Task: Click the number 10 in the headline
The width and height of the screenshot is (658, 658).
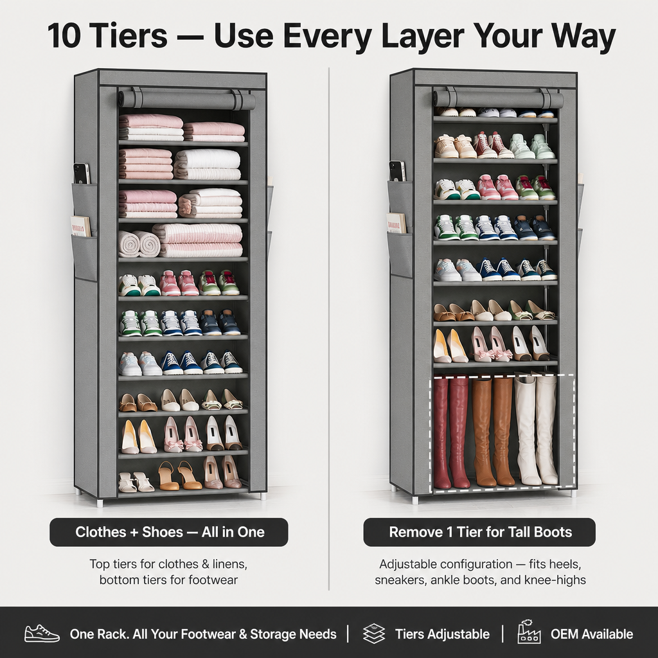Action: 64,35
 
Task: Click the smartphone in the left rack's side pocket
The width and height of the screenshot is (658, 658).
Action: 82,173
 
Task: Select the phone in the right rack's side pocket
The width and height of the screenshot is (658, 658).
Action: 397,171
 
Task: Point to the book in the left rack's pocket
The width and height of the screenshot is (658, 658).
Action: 80,227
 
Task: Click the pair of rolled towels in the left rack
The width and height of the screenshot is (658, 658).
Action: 139,244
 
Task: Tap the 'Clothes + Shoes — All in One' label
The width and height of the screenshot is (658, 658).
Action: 169,532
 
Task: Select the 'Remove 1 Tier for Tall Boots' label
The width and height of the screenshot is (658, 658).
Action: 479,532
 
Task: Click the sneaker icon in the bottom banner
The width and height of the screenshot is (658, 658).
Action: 42,633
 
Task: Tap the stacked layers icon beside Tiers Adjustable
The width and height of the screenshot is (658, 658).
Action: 374,634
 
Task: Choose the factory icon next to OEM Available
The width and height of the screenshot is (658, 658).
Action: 529,632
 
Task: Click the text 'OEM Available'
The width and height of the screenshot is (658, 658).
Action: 592,634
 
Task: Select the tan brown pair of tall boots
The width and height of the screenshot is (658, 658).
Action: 493,431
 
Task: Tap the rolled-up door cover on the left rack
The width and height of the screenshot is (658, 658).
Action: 187,100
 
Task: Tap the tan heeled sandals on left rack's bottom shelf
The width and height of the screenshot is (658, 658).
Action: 180,476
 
